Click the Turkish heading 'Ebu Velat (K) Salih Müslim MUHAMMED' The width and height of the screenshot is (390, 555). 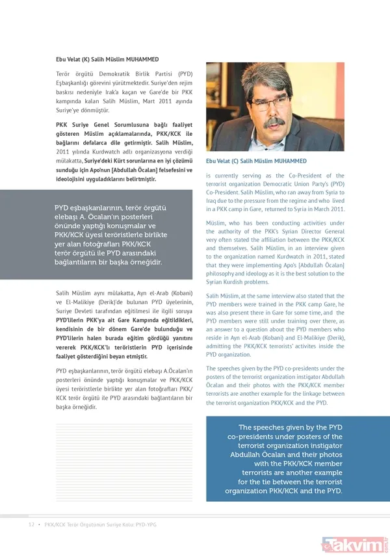[x=107, y=59]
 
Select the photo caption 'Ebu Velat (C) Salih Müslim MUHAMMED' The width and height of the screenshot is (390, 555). [x=257, y=161]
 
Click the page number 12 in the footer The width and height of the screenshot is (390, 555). [x=30, y=524]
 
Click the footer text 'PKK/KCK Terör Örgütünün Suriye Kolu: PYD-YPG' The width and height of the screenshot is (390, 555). [x=100, y=524]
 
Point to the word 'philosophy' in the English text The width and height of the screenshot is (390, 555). [x=223, y=273]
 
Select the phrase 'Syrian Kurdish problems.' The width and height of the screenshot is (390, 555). [x=237, y=282]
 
